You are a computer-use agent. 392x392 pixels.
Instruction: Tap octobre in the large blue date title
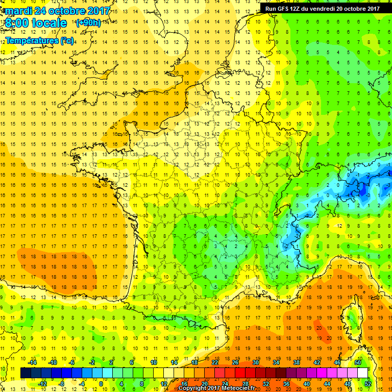click(69, 11)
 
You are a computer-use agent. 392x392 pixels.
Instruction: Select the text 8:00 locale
click(36, 23)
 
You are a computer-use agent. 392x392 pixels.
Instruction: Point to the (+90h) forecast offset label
click(88, 23)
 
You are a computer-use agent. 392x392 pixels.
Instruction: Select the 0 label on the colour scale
click(101, 383)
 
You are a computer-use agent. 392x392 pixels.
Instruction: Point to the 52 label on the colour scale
click(367, 383)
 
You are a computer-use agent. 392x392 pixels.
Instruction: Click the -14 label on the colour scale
click(33, 362)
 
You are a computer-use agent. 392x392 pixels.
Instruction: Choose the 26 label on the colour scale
click(235, 362)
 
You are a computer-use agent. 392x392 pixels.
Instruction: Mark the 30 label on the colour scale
click(256, 362)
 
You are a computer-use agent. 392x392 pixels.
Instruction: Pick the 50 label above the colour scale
click(357, 362)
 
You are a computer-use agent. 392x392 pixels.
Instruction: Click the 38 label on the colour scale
click(296, 362)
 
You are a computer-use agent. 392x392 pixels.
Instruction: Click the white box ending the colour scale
click(363, 373)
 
